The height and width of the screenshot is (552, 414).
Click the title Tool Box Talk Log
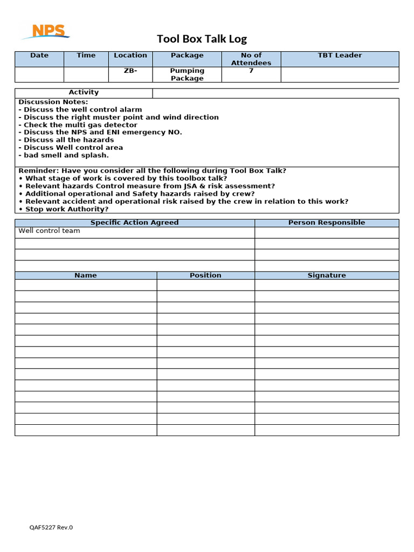(202, 39)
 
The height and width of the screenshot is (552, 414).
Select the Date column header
(39, 56)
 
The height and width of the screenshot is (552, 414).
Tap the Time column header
(86, 56)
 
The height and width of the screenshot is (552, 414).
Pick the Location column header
(130, 56)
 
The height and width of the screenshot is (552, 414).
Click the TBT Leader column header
(340, 56)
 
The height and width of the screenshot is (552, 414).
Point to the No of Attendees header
(251, 59)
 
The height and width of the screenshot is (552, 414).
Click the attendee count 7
(251, 71)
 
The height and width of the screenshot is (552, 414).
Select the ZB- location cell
(130, 71)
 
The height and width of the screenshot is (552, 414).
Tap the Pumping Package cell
(187, 74)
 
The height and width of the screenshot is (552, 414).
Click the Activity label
(84, 93)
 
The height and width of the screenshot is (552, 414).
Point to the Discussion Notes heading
(53, 102)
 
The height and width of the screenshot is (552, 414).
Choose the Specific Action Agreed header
(134, 223)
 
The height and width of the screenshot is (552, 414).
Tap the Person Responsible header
(327, 223)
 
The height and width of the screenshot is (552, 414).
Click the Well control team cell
(49, 231)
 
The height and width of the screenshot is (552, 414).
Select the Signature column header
(327, 275)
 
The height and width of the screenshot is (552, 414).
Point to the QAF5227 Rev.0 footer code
(51, 528)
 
